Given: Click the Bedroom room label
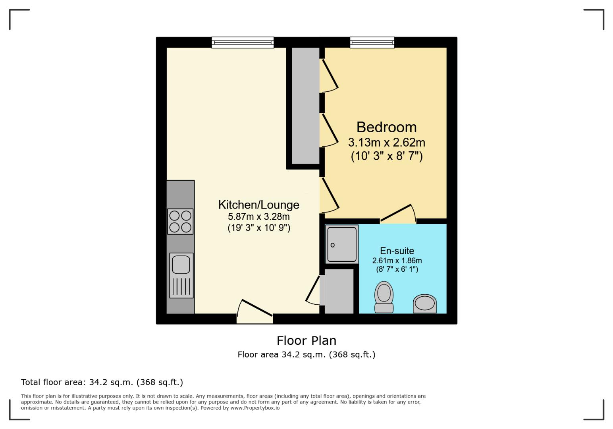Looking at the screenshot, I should click(386, 128).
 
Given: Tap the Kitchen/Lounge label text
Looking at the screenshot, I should click(258, 205).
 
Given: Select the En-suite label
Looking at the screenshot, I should click(397, 251).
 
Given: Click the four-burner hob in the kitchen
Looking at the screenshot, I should click(180, 222).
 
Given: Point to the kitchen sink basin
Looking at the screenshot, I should click(181, 265).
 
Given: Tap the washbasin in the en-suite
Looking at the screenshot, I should click(425, 304).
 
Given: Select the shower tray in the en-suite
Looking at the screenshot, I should click(341, 245).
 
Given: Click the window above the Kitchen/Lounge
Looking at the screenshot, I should click(243, 43).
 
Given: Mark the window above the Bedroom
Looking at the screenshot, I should click(372, 43).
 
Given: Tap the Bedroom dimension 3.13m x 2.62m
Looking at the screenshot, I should click(386, 143).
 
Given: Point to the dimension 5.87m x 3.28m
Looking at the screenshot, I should click(258, 217).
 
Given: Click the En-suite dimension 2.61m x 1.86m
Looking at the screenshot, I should click(397, 261).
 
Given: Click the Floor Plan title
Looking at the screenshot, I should click(306, 341).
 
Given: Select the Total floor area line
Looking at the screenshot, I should click(102, 383).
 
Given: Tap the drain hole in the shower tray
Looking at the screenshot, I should click(333, 245).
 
